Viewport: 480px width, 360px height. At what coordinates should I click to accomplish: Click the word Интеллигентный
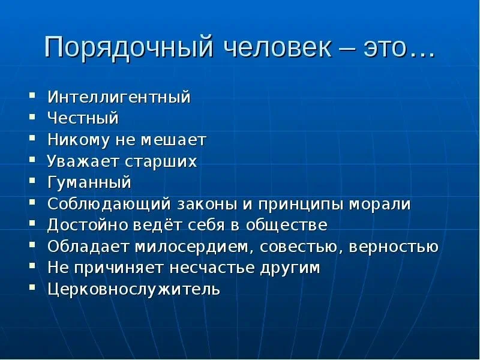119,97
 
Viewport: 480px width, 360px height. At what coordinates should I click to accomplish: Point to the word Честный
83,118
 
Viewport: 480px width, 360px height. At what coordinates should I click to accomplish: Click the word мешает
173,140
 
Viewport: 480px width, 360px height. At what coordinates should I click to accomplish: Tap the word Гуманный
89,182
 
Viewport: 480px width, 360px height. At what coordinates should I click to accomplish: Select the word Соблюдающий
109,204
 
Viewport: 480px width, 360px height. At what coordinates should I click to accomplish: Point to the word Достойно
88,225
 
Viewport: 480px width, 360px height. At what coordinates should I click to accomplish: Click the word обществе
287,225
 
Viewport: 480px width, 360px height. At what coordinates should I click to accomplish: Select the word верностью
394,247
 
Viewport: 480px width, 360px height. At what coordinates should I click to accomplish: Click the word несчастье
212,268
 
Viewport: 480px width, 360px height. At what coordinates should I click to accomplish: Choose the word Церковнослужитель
134,289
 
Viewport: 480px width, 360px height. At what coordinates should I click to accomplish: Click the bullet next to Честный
32,116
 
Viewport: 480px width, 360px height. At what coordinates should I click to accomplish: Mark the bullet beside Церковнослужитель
32,287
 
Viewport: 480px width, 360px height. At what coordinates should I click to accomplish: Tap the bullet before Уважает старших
32,160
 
